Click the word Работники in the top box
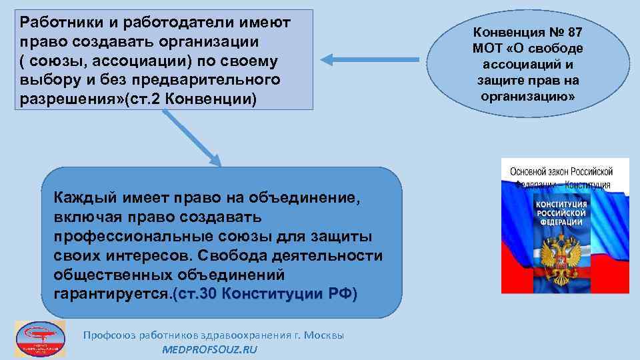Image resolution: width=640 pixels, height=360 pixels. (x=59, y=22)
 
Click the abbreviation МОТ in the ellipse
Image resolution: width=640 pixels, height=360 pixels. (x=489, y=48)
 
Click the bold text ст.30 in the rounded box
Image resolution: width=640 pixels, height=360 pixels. (x=198, y=295)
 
